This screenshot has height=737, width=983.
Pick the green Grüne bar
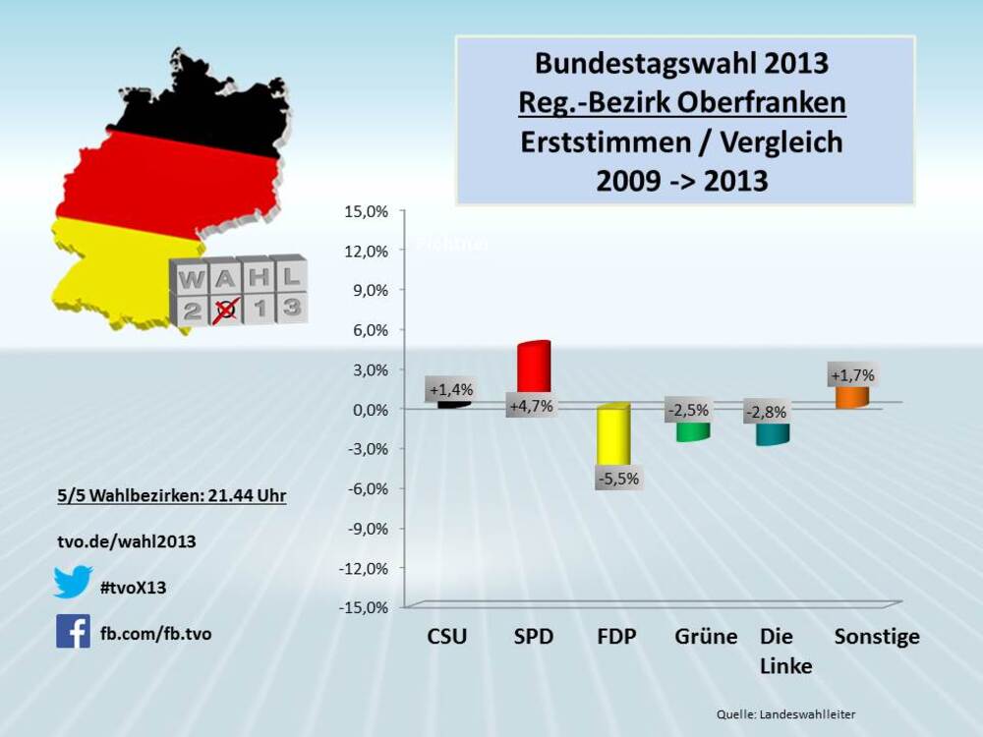pos(692,430)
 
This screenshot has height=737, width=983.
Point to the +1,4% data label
pos(450,389)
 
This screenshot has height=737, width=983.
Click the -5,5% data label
pos(618,479)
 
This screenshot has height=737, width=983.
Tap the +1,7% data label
pos(852,374)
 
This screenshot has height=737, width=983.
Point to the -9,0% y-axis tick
pos(367,528)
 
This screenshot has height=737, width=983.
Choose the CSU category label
pos(447,637)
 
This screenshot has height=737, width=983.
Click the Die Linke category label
pos(785,651)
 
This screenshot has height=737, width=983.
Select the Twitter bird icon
pos(73,582)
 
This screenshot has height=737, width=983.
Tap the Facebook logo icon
pos(73,631)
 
